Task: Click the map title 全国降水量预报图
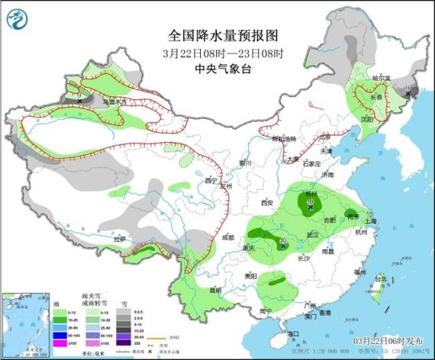[217, 36]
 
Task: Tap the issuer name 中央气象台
[217, 68]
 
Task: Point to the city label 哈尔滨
[381, 78]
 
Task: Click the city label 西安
[266, 203]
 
